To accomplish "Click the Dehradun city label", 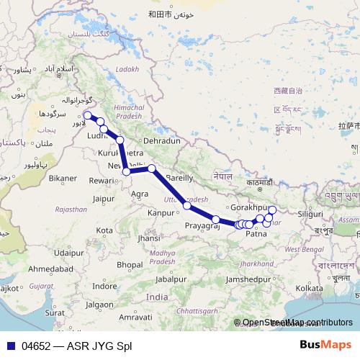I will (x=161, y=141).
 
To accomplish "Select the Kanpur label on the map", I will (x=162, y=213).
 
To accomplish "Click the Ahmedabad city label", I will (x=50, y=269).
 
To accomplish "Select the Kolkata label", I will (x=309, y=288).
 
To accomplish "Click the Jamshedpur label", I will (x=270, y=279).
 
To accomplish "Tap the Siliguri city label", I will (x=311, y=214).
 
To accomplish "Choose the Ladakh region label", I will (x=126, y=69).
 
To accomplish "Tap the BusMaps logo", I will (x=326, y=345).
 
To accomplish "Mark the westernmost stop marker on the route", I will (x=87, y=115).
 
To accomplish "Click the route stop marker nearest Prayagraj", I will (x=215, y=219).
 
